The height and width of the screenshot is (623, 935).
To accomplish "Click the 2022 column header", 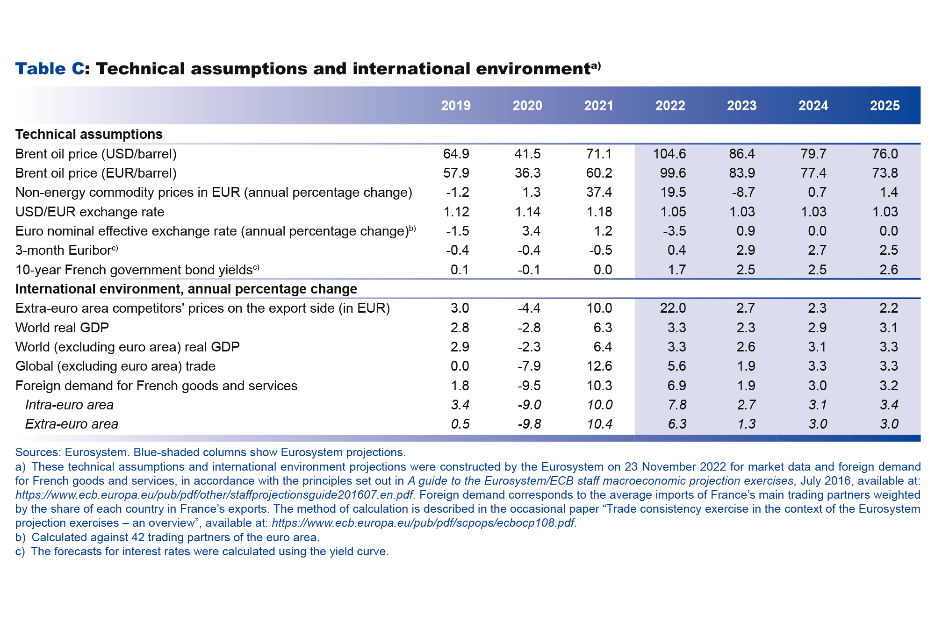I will pyautogui.click(x=670, y=106).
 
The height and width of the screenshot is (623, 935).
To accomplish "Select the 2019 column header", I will pyautogui.click(x=456, y=106).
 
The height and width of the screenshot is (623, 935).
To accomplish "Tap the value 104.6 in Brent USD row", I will pyautogui.click(x=669, y=154).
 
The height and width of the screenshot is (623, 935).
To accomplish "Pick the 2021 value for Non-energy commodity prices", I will pyautogui.click(x=599, y=192).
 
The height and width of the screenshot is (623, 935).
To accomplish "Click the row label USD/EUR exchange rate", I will pyautogui.click(x=90, y=212).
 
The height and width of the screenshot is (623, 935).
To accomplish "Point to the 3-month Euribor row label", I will pyautogui.click(x=66, y=250).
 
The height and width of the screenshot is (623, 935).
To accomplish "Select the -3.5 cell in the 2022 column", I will pyautogui.click(x=673, y=231).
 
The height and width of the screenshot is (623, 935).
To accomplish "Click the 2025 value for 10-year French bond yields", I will pyautogui.click(x=888, y=270).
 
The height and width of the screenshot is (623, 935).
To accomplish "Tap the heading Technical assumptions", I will pyautogui.click(x=89, y=134).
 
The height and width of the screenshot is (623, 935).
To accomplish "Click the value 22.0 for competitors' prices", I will pyautogui.click(x=673, y=308).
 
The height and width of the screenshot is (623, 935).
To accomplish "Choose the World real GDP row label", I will pyautogui.click(x=62, y=328).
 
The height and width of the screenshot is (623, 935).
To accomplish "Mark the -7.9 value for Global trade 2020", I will pyautogui.click(x=529, y=366).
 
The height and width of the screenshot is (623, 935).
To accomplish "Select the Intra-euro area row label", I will pyautogui.click(x=69, y=405).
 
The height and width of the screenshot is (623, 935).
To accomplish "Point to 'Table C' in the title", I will pyautogui.click(x=50, y=69).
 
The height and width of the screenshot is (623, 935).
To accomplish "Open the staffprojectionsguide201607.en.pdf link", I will pyautogui.click(x=214, y=495).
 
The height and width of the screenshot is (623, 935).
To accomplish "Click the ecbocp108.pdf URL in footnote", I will pyautogui.click(x=423, y=523).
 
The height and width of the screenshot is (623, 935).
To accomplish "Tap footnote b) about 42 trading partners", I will pyautogui.click(x=167, y=537).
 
